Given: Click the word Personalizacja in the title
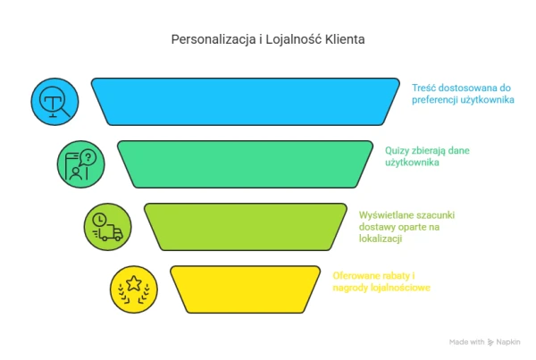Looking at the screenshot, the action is coord(214,39).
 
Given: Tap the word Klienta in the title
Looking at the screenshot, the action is coord(345,39).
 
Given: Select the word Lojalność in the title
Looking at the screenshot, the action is coord(294,39).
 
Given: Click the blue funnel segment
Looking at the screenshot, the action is coord(245,102).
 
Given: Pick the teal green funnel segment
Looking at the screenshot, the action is coord(245,164).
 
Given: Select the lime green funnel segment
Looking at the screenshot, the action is coord(245,227).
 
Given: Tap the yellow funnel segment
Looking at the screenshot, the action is coord(245,289).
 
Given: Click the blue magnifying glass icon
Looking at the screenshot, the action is coord(54,102).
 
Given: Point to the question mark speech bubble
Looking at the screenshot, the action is coord(88,157).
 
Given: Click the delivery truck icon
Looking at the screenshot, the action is coord(110,233).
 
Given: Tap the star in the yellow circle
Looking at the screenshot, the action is coord(134,283).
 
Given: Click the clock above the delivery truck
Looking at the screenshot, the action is coord(99,220).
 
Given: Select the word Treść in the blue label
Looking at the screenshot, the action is coord(423,88).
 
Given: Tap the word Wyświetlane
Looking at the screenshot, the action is coord(383,215).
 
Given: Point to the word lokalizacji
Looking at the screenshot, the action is coord(381,239).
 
